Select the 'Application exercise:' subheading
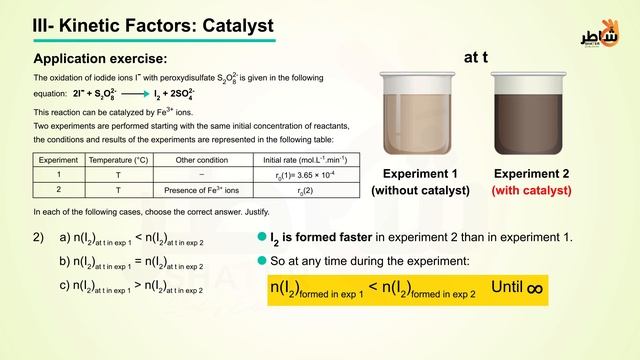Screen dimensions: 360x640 point(100,59)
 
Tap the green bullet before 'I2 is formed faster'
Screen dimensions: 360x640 point(262,238)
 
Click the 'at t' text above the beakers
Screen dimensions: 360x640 point(475,58)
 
